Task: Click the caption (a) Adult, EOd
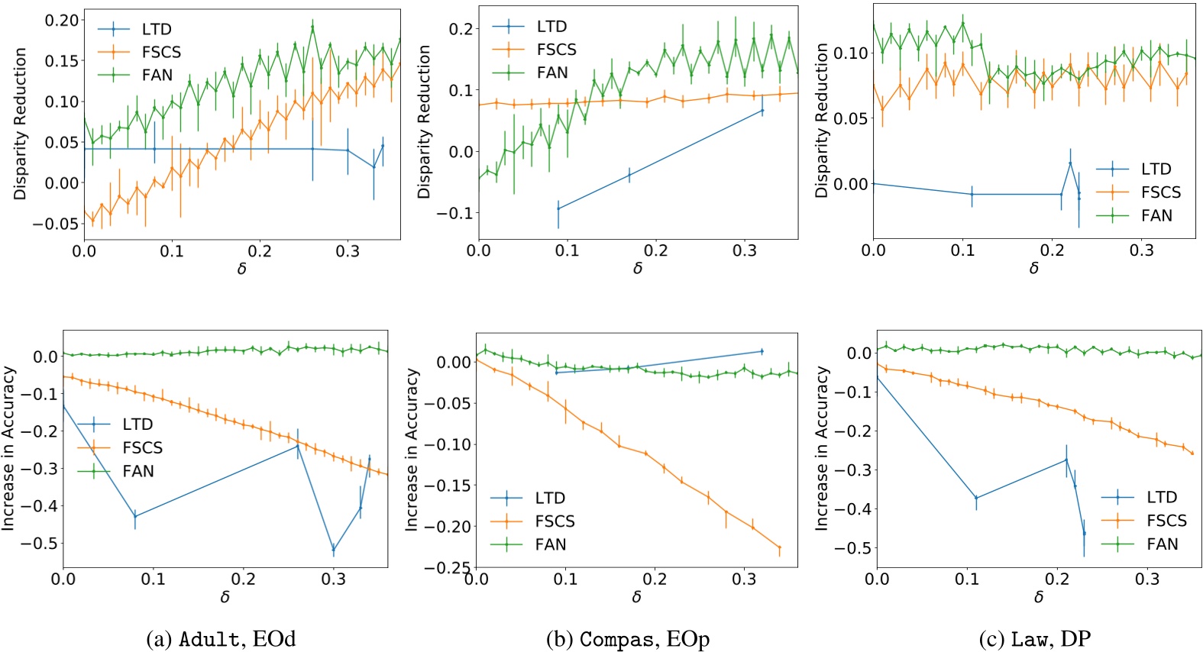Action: point(221,639)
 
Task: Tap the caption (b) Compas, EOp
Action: point(628,639)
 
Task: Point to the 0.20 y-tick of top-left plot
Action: point(61,21)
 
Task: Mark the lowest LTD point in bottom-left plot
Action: point(333,549)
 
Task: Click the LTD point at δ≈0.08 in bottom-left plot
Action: point(135,517)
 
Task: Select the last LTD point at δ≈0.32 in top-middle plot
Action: point(762,111)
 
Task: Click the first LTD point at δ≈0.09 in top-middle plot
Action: point(558,208)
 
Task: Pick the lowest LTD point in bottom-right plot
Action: point(1084,534)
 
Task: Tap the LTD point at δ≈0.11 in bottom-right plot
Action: point(976,499)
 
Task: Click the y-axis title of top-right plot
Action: point(822,121)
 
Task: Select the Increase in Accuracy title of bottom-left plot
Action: point(8,448)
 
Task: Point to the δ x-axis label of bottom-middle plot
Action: point(636,597)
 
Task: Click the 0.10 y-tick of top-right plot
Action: point(850,53)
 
